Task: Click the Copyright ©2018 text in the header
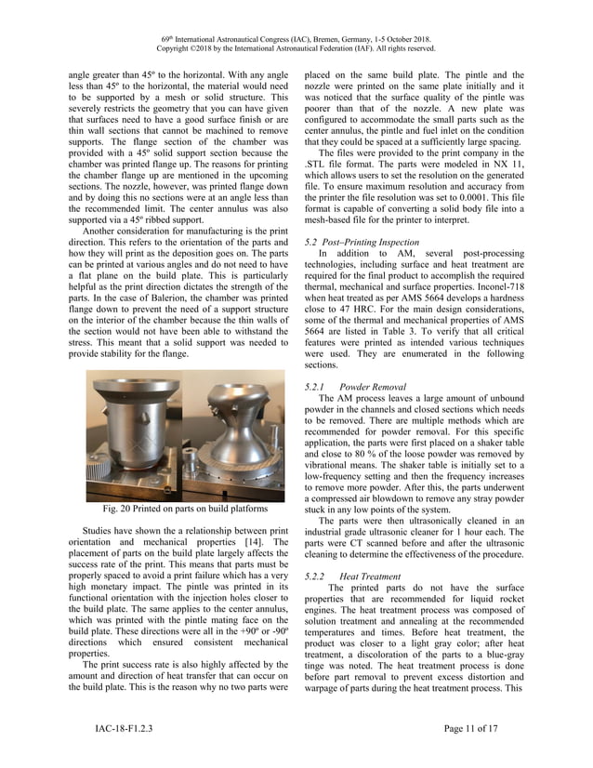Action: pos(213,48)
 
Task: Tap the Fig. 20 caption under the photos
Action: pos(171,508)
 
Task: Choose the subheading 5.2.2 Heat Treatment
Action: pos(352,576)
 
